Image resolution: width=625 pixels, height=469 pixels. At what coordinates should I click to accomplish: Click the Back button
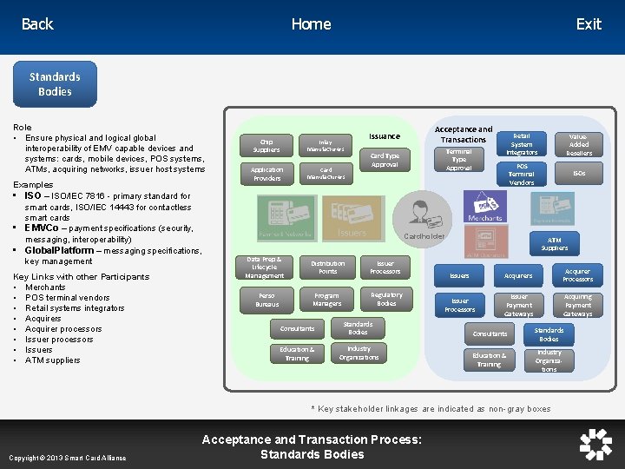coord(37,24)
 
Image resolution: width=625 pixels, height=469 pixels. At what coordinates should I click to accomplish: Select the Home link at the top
coord(311,24)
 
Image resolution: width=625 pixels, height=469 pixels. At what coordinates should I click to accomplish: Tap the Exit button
coord(589,24)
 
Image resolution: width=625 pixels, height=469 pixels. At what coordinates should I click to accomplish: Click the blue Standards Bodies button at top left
coord(55,84)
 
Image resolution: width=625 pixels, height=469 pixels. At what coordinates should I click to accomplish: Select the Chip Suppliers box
coord(266,145)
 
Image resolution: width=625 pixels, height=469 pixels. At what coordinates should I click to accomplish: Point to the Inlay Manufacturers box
coord(326,145)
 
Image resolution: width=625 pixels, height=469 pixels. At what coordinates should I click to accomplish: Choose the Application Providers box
coord(266,174)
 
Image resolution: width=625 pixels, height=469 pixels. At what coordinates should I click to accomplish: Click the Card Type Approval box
coord(385,160)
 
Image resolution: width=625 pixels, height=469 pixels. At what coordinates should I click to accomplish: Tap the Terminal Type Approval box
coord(459,159)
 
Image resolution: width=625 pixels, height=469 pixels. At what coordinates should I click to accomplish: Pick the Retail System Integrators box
coord(522,144)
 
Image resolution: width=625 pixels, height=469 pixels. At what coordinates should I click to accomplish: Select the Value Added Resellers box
coord(579,144)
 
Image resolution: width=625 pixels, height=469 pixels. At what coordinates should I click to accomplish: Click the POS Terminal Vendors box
coord(522,174)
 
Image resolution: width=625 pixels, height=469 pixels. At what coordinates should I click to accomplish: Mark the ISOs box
coord(579,174)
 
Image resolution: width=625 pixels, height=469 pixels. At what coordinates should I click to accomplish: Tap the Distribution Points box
coord(327,267)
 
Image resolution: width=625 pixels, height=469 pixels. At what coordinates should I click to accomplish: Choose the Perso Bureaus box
coord(267,300)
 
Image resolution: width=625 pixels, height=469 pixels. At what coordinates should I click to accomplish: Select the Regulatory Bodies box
coord(386,299)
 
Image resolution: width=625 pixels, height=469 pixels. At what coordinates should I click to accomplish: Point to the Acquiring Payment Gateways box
coord(578,305)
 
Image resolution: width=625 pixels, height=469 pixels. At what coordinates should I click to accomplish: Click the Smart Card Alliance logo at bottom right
coord(595,444)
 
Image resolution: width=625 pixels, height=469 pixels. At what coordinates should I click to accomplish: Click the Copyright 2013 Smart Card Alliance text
coord(68,458)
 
